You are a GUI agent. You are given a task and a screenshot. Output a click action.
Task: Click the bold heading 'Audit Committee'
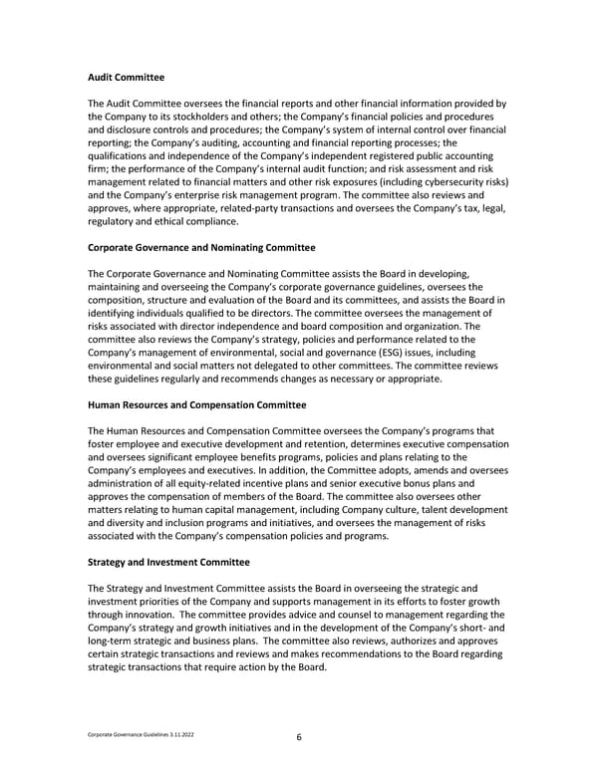(x=127, y=77)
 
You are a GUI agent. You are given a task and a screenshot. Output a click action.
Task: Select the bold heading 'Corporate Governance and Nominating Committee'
(x=201, y=247)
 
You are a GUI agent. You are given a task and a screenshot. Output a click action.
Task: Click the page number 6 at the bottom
(x=299, y=737)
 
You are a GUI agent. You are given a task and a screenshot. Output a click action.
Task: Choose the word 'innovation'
(x=163, y=615)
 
